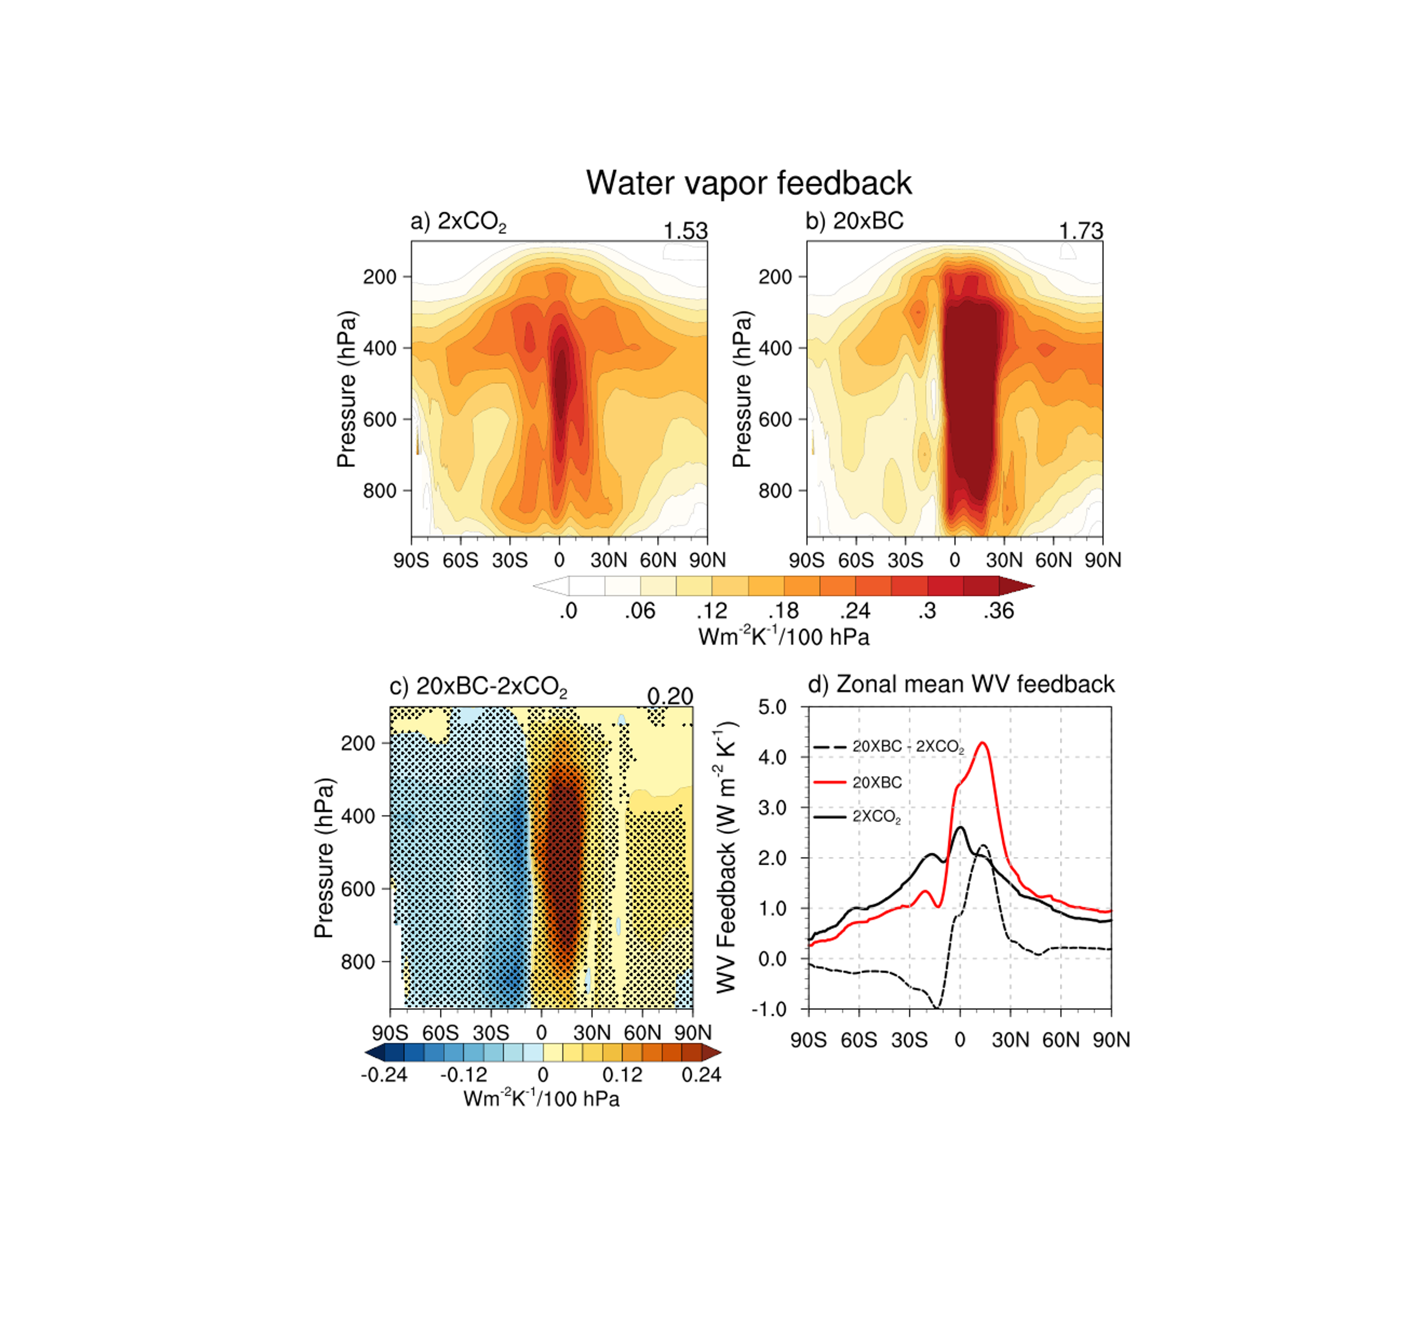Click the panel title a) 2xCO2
click(x=458, y=221)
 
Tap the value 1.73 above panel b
click(x=1080, y=231)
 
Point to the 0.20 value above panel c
click(x=670, y=696)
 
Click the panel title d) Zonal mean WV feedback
click(x=961, y=684)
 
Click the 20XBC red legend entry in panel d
click(x=877, y=782)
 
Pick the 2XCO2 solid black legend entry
click(x=876, y=817)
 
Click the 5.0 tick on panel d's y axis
click(x=772, y=707)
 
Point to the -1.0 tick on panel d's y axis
click(x=769, y=1009)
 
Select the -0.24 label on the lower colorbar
click(x=384, y=1075)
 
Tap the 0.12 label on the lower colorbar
click(x=622, y=1075)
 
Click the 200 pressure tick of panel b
click(x=775, y=277)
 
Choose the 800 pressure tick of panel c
click(x=358, y=962)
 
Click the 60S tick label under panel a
click(x=460, y=560)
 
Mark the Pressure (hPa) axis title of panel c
click(x=324, y=858)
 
